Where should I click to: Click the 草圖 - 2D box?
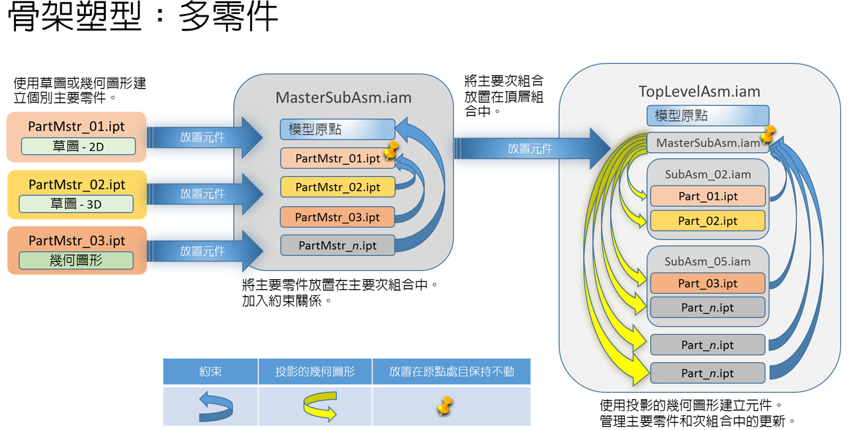click(x=78, y=146)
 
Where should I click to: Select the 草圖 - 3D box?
click(x=76, y=204)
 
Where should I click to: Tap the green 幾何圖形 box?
click(x=76, y=261)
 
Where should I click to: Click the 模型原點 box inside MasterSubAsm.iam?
click(x=337, y=130)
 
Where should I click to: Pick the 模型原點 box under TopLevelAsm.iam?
click(x=708, y=116)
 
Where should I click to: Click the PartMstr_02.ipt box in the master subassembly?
click(x=337, y=187)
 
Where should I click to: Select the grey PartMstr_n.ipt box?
click(x=337, y=245)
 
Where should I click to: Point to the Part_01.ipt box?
click(x=708, y=196)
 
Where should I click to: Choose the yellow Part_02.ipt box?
click(x=708, y=221)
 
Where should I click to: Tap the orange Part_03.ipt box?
click(x=708, y=283)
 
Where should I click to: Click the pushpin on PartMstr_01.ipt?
click(x=391, y=150)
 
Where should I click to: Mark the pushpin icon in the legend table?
click(x=445, y=405)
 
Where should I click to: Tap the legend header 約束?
click(x=210, y=372)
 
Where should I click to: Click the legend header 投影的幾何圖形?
click(x=315, y=372)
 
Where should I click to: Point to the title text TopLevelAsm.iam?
click(x=699, y=92)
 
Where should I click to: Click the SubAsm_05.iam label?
click(x=708, y=261)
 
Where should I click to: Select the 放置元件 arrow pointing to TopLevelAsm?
click(x=532, y=148)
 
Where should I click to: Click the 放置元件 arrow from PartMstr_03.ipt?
click(x=205, y=251)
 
